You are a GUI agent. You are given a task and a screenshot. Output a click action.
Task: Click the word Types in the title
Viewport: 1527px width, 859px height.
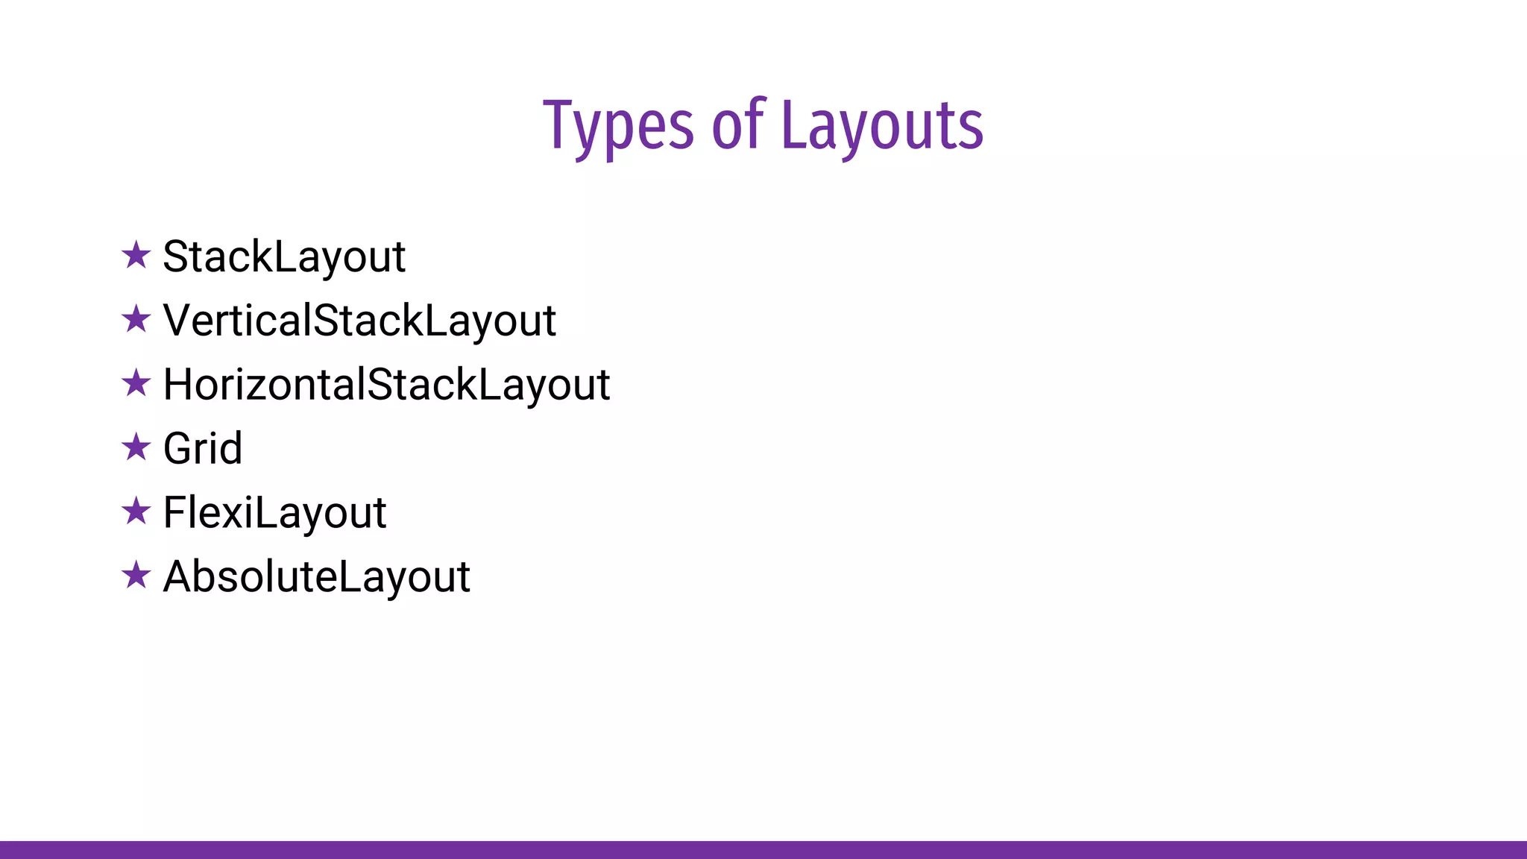pyautogui.click(x=618, y=127)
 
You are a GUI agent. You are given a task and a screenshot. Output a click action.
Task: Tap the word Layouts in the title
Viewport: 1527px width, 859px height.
pyautogui.click(x=882, y=127)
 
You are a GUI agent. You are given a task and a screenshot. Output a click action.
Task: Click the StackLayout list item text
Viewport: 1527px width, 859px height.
pyautogui.click(x=284, y=257)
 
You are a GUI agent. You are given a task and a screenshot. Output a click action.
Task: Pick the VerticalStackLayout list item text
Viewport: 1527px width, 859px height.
pyautogui.click(x=359, y=321)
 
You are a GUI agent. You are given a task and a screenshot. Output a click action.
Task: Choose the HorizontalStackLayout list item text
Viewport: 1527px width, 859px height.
pyautogui.click(x=386, y=386)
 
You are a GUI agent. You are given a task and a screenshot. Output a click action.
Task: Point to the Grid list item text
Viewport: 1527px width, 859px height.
pyautogui.click(x=203, y=449)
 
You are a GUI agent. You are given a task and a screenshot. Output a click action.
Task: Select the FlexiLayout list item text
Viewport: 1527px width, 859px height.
pyautogui.click(x=274, y=513)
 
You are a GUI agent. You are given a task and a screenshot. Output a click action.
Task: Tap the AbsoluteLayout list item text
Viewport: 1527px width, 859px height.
pyautogui.click(x=316, y=577)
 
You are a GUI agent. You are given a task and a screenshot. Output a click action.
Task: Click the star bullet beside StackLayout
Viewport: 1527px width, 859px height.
pyautogui.click(x=136, y=255)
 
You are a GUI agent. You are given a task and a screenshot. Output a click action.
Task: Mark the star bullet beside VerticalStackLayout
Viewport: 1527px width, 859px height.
pyautogui.click(x=136, y=319)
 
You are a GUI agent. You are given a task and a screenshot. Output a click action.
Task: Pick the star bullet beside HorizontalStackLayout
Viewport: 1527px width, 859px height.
pyautogui.click(x=136, y=383)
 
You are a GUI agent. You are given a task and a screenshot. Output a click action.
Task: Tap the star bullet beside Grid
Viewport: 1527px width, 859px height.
pyautogui.click(x=136, y=447)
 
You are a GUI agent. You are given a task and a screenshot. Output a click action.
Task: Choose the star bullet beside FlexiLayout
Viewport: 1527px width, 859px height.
pyautogui.click(x=136, y=512)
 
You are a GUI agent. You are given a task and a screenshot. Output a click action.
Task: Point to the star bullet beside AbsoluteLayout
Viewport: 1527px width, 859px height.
pyautogui.click(x=136, y=576)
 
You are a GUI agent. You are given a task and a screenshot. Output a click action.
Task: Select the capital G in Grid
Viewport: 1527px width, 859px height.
pyautogui.click(x=180, y=449)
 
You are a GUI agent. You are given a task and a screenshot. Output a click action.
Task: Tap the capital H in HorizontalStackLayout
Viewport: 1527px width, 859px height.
pyautogui.click(x=180, y=385)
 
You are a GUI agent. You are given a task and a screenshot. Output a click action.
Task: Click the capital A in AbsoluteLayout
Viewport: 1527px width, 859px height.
pyautogui.click(x=180, y=577)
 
